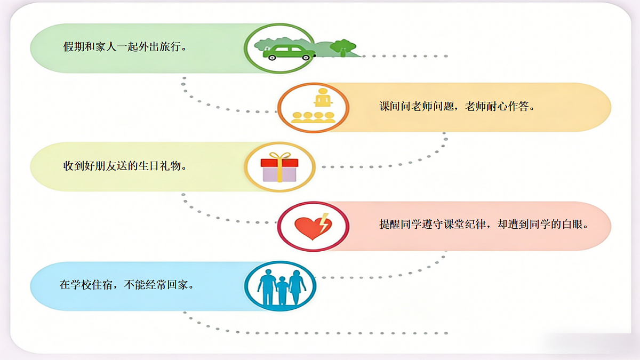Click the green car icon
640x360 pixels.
click(x=289, y=52)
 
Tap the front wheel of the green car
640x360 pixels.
click(x=306, y=57)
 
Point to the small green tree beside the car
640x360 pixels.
click(x=343, y=47)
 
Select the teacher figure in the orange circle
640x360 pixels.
click(x=323, y=98)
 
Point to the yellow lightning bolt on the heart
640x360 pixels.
click(x=324, y=222)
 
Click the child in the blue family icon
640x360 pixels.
click(x=282, y=290)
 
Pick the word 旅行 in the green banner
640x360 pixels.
click(x=170, y=46)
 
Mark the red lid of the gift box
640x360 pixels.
click(x=279, y=163)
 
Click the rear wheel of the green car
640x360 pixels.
click(x=272, y=57)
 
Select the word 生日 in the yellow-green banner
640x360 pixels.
click(x=149, y=166)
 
